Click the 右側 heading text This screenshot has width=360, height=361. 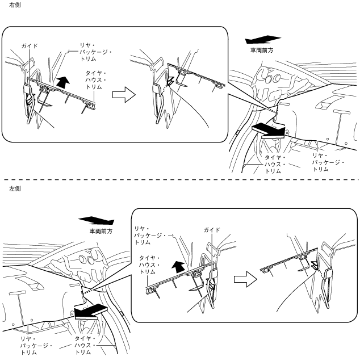pyautogui.click(x=7, y=5)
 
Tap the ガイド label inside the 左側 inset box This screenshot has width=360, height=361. pyautogui.click(x=212, y=230)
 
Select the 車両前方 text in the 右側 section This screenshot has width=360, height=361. pyautogui.click(x=262, y=51)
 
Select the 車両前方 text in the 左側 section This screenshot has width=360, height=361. pyautogui.click(x=101, y=232)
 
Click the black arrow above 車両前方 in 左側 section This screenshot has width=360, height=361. pyautogui.click(x=96, y=221)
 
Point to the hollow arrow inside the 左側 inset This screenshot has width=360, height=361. pyautogui.click(x=243, y=279)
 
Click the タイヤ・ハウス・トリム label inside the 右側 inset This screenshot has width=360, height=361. pyautogui.click(x=96, y=80)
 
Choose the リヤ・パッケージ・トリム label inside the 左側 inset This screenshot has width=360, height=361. pyautogui.click(x=150, y=235)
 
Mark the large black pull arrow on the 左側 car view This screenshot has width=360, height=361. pyautogui.click(x=90, y=311)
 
